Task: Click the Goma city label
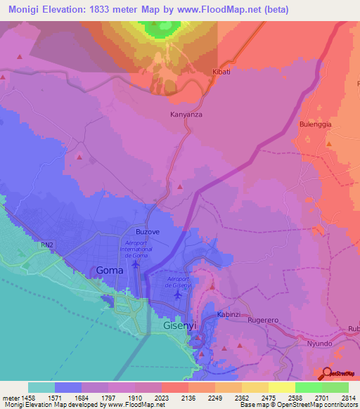click(x=109, y=271)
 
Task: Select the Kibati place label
click(x=221, y=72)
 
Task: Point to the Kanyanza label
click(x=186, y=113)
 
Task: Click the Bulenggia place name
click(x=315, y=124)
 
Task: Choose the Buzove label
click(x=148, y=231)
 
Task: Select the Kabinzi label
click(x=230, y=314)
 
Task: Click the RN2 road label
click(x=47, y=245)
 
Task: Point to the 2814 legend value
click(x=349, y=397)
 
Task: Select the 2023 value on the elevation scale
click(x=160, y=397)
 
